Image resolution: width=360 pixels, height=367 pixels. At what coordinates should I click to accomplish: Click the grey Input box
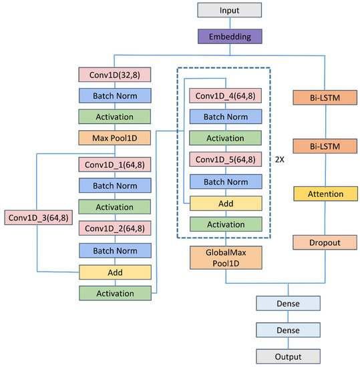click(x=228, y=11)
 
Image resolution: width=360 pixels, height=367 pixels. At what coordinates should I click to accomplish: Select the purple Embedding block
click(x=228, y=35)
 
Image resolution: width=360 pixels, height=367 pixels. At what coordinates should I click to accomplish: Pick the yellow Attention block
click(x=325, y=194)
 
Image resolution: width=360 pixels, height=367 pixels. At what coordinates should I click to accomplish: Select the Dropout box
click(x=325, y=242)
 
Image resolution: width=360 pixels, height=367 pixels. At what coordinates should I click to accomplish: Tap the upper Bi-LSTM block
click(x=325, y=98)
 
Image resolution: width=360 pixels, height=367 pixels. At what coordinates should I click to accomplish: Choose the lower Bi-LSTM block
click(x=325, y=146)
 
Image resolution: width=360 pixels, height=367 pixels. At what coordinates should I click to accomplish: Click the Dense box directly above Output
click(x=288, y=330)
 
